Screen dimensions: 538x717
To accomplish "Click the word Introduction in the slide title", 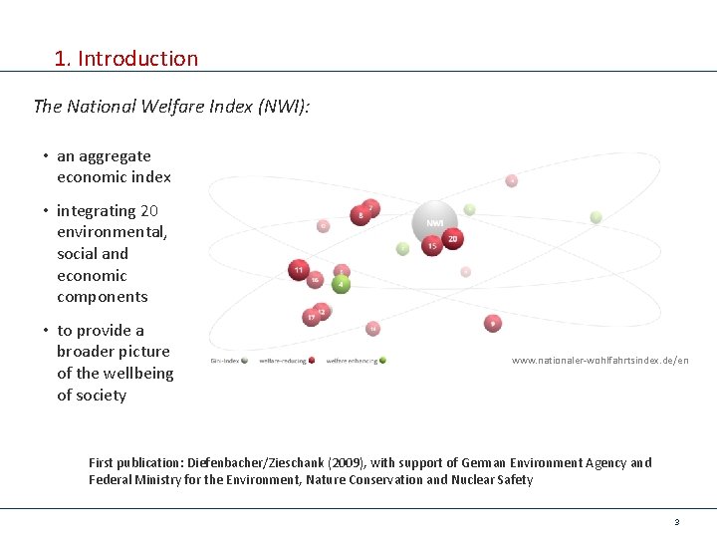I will [137, 59].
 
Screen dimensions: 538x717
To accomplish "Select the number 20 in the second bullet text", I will [149, 211].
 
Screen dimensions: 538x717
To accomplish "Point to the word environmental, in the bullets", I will [113, 232].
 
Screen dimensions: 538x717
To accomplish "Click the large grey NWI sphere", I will [434, 222].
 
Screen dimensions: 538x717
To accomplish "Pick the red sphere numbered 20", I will [453, 239].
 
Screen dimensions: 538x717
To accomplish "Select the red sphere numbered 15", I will [431, 246].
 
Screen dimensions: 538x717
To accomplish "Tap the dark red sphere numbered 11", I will [298, 269].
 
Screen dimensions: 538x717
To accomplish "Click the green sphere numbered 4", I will [341, 284].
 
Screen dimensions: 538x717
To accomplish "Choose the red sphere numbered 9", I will [492, 324].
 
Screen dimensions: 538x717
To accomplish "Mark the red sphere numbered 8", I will [359, 215].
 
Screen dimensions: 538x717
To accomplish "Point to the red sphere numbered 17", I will [311, 317].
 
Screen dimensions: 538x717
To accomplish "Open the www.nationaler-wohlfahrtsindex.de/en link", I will [599, 360].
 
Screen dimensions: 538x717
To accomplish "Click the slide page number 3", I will [676, 522].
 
